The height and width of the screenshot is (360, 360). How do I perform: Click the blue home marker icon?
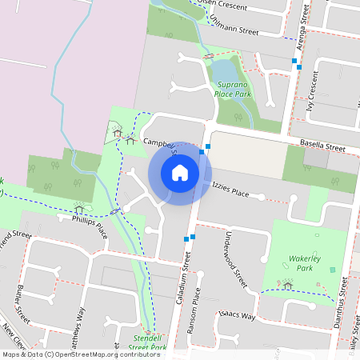(x=180, y=173)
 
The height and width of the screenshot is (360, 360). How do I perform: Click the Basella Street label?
(x=322, y=146)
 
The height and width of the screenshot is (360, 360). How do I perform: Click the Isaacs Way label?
(x=238, y=314)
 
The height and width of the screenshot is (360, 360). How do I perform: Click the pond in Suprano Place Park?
(x=222, y=74)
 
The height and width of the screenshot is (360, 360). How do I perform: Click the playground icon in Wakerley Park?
(x=288, y=285)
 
